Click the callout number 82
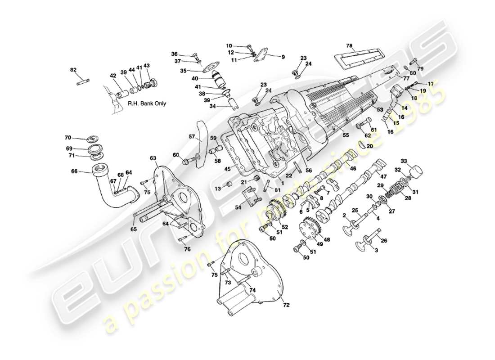click(74, 70)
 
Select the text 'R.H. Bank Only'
click(147, 103)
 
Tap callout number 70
click(67, 137)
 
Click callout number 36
click(175, 54)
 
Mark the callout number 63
click(153, 158)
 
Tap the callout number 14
click(405, 108)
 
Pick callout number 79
click(421, 69)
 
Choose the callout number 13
click(218, 189)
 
